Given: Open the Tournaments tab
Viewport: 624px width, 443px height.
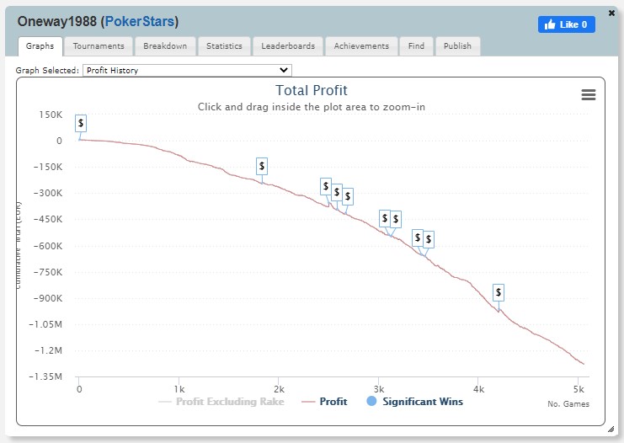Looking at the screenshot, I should click(98, 46).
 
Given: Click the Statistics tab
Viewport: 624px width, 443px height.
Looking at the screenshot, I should click(224, 46).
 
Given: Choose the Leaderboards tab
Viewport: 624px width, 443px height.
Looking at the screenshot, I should click(288, 46).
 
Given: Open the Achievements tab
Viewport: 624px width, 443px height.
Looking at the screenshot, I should click(361, 46).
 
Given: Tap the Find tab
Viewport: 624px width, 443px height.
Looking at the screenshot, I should click(416, 46).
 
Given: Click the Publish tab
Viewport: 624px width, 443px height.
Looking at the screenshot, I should click(457, 46).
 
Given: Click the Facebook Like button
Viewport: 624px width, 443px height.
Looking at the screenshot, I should click(566, 24).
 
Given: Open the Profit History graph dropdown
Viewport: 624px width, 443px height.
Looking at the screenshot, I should click(187, 71).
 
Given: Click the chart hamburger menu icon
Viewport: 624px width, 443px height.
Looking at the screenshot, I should click(589, 95).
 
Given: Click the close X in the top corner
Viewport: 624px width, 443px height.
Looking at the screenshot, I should click(611, 13).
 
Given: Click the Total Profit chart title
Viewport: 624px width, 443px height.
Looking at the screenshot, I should click(311, 91).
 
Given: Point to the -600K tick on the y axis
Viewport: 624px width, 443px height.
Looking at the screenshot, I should click(51, 246).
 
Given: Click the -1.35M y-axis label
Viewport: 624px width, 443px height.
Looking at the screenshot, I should click(46, 377).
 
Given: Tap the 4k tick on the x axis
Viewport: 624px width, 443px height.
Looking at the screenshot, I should click(478, 388).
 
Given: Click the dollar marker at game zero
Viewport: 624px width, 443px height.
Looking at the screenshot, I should click(81, 123).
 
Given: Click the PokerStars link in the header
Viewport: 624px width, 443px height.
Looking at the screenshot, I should click(141, 20).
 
